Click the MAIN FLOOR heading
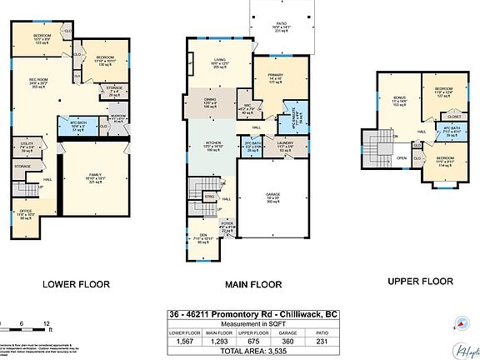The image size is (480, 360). tap(253, 284)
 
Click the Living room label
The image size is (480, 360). tap(219, 61)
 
